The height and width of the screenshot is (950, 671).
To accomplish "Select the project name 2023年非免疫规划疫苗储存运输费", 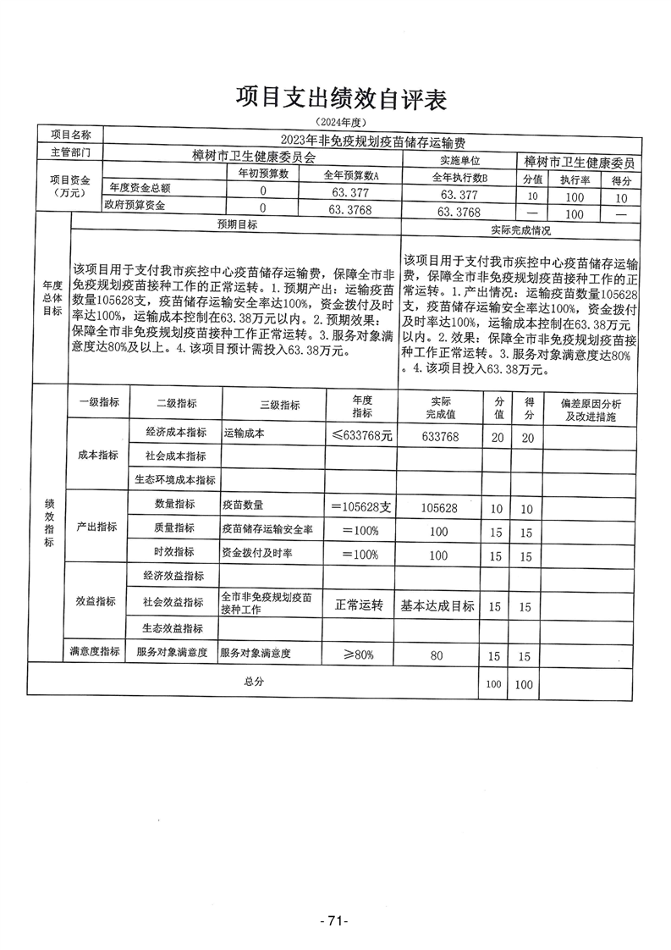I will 373,142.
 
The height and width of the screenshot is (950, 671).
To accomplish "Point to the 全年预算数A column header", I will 352,175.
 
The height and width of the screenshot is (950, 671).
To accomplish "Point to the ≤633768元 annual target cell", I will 363,436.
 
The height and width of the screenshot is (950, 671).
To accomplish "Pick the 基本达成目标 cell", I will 437,605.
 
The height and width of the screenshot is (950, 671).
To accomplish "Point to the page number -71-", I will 334,920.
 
